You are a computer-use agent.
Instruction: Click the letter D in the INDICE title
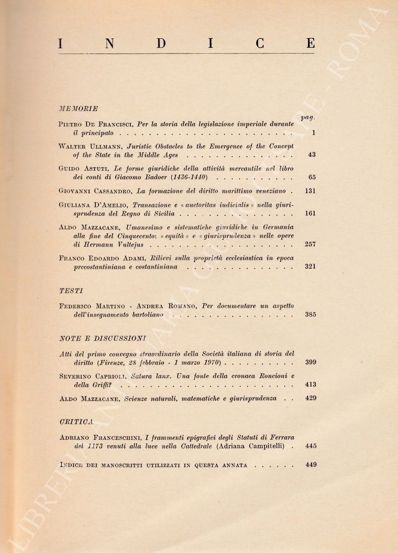160,44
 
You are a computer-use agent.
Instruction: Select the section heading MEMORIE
78,108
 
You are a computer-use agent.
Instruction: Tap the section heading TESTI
71,291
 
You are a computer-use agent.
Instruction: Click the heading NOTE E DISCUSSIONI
103,338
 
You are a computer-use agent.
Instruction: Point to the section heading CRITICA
77,421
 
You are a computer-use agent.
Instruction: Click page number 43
311,156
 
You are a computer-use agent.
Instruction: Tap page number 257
311,245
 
